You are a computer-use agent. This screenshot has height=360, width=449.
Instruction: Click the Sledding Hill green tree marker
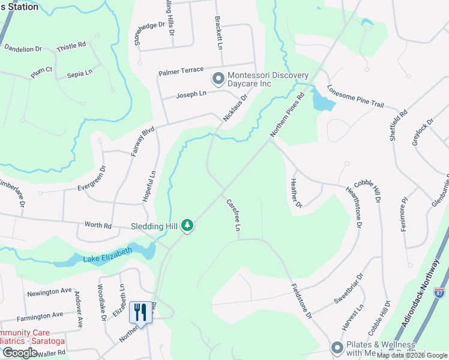(188, 226)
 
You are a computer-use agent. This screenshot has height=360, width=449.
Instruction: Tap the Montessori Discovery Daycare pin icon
(217, 79)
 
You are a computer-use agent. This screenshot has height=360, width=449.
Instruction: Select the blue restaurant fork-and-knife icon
(140, 313)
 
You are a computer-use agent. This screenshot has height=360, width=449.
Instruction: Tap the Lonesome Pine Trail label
(355, 96)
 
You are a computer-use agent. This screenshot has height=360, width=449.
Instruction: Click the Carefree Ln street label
(233, 215)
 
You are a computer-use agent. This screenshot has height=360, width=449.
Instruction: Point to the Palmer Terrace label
(181, 71)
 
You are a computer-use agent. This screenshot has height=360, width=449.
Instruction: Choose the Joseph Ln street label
(191, 94)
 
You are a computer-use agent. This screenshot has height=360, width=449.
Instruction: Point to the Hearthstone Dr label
(354, 207)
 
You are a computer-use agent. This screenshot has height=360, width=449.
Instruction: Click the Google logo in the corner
(20, 353)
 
